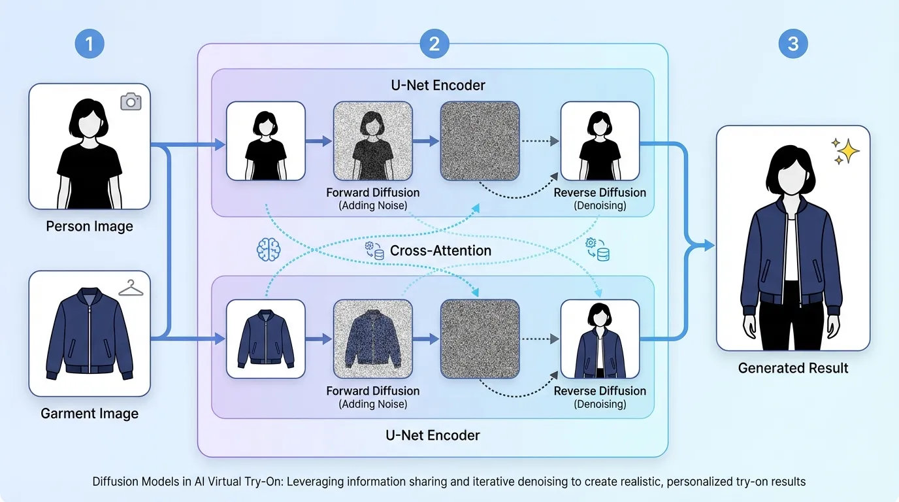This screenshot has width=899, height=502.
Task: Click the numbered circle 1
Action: click(x=90, y=44)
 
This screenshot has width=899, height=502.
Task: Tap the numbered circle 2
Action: click(x=434, y=44)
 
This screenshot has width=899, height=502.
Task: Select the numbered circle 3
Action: click(x=793, y=44)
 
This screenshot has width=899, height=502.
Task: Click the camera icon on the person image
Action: click(x=131, y=101)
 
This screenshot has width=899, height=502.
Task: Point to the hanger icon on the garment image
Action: click(x=131, y=287)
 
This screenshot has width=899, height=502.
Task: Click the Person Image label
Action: click(x=90, y=227)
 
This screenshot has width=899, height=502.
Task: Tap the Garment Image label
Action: click(x=90, y=414)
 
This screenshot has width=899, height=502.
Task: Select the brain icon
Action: click(x=269, y=248)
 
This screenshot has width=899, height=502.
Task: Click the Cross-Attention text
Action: click(x=440, y=250)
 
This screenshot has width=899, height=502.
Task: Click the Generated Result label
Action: click(x=793, y=368)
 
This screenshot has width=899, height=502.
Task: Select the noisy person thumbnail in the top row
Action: click(x=373, y=141)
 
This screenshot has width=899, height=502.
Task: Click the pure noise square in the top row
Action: click(x=480, y=141)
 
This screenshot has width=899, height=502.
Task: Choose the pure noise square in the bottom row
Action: click(x=480, y=339)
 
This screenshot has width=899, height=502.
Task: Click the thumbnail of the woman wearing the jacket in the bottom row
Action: click(x=600, y=339)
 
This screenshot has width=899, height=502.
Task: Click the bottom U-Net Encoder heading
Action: click(x=434, y=435)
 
